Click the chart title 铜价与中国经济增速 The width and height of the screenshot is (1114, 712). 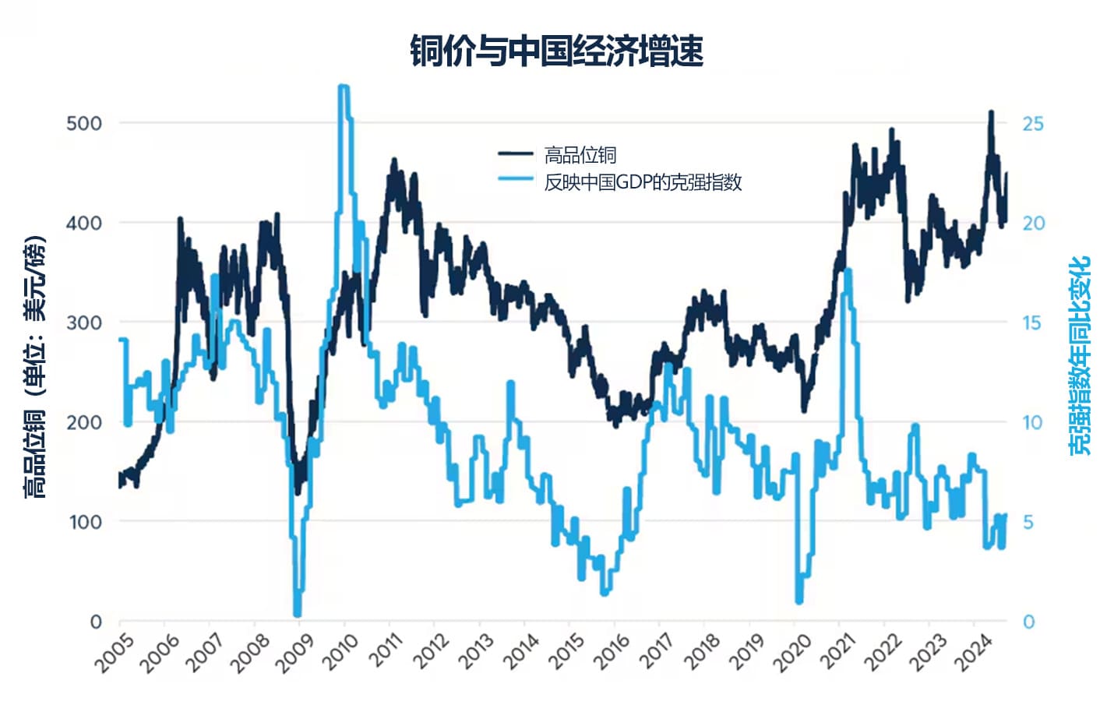point(556,51)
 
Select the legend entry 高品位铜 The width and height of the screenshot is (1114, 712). point(580,155)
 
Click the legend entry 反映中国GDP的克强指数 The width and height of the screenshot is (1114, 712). point(642,182)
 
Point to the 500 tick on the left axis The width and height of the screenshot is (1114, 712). point(84,123)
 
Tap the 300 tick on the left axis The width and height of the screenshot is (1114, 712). point(84,323)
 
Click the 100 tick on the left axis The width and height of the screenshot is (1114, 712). point(84,522)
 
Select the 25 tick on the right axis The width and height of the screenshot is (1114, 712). point(1032,123)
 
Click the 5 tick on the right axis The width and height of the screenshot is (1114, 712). point(1028,522)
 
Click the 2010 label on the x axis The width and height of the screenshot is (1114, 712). point(340,652)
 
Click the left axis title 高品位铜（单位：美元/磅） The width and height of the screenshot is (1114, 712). point(34,366)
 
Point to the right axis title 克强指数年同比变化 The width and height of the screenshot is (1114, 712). point(1079,355)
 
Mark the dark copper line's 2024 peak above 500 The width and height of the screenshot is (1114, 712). point(991,113)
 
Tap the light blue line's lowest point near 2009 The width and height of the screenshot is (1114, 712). point(297,614)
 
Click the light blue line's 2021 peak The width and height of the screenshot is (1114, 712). point(848,271)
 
